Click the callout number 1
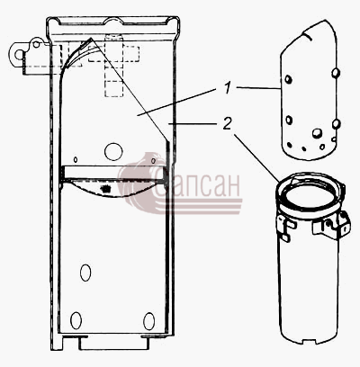pos(228,88)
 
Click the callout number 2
pos(228,123)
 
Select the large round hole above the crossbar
pos(113,151)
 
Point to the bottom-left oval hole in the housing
pos(76,320)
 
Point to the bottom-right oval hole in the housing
pos(149,321)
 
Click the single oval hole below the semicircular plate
pos(85,273)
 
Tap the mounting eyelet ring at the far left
pos(19,55)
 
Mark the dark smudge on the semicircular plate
pos(104,189)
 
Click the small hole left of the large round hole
pos(76,160)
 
